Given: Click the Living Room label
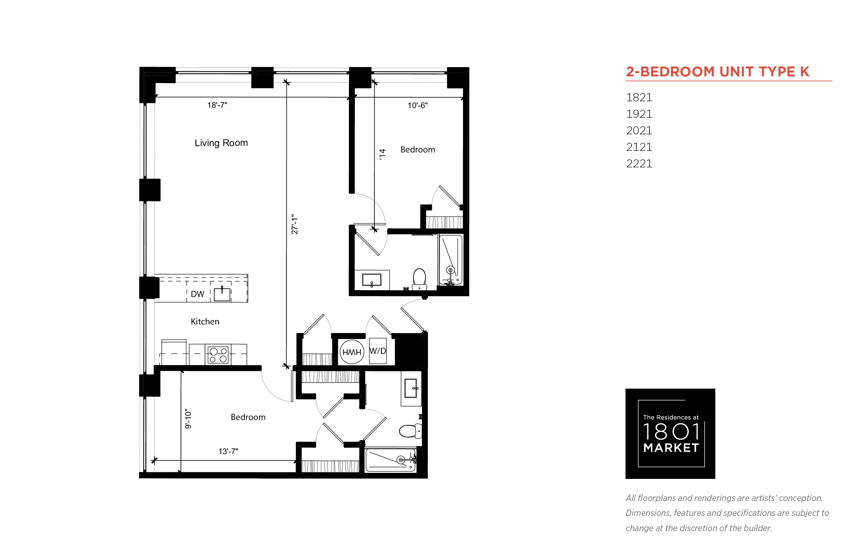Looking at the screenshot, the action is point(221,143).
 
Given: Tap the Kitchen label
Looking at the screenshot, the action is point(205,321).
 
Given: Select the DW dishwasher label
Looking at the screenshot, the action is point(197,294).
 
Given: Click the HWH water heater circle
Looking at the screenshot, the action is point(352,352).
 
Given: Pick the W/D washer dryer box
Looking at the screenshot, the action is point(378,351).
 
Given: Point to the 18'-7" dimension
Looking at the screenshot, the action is point(217,105).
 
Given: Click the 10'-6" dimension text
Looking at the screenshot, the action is point(417,105).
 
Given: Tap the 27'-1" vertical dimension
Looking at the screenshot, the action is point(294,224).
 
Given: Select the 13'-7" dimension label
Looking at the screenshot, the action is point(228,451).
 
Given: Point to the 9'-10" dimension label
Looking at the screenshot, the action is point(188,419).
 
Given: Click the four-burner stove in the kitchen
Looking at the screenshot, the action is point(218,355).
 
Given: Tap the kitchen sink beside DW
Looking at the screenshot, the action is point(222,294).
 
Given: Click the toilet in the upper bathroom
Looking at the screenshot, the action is point(419,279).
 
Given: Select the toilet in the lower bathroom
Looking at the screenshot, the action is point(410,431).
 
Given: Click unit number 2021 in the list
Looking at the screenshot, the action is point(639,131).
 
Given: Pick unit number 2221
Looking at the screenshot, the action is point(639,164).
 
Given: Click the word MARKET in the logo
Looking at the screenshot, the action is point(671,448).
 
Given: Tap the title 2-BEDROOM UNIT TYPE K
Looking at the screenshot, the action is point(717,72).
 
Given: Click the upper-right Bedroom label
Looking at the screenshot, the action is point(418,149).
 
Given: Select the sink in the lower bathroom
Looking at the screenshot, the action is point(411,388).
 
